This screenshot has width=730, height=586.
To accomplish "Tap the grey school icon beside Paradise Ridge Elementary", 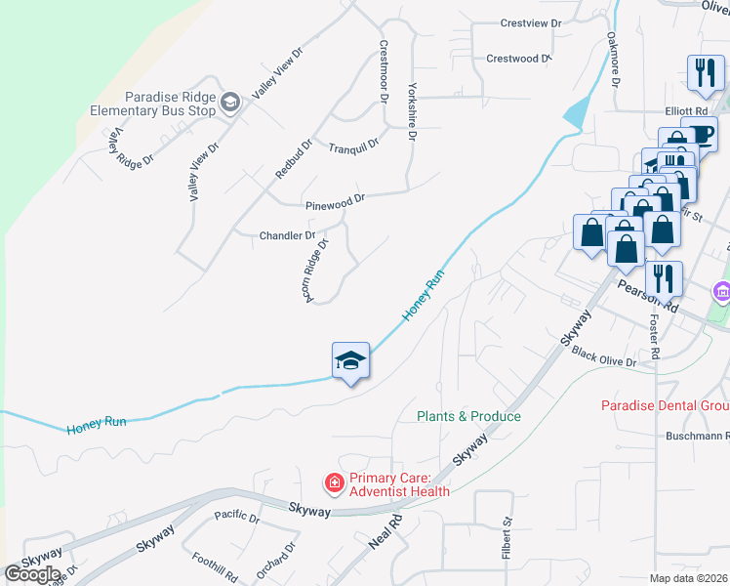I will (x=230, y=103).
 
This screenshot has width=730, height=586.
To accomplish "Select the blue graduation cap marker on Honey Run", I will (x=351, y=362).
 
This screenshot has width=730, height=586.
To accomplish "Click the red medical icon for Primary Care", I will (x=334, y=482).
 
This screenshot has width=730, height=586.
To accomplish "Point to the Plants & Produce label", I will (x=468, y=416).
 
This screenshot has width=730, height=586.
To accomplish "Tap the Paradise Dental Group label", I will (x=665, y=405).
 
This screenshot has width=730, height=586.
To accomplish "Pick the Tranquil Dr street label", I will (x=353, y=146).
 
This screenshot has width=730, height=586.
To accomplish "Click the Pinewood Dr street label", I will (x=335, y=201).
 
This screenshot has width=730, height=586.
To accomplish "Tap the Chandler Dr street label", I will (x=287, y=235).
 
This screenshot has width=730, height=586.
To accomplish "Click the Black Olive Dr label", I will (x=604, y=356).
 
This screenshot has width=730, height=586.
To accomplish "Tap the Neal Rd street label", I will (x=385, y=533).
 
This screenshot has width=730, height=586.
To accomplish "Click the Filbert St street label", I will (x=507, y=538).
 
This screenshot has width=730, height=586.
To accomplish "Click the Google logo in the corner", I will (x=31, y=573).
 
